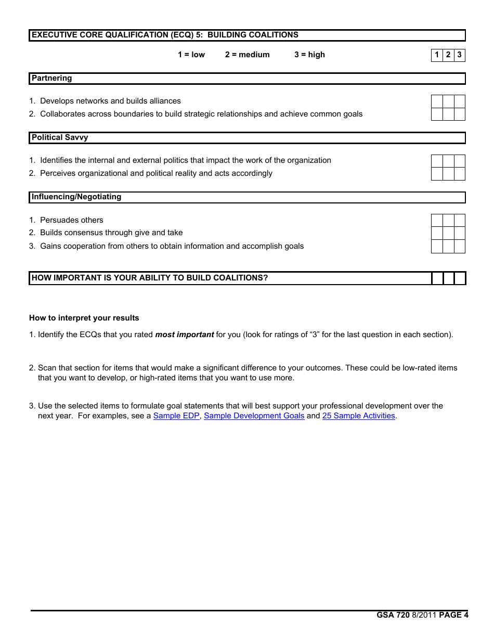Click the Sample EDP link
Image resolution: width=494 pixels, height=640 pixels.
click(x=176, y=416)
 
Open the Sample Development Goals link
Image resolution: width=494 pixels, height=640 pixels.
click(x=254, y=416)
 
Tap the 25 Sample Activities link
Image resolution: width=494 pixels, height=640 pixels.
click(x=358, y=416)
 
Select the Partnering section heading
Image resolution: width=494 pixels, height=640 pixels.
click(x=52, y=78)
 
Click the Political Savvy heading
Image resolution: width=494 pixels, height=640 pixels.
click(x=60, y=137)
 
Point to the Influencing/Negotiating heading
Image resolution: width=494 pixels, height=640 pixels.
click(x=76, y=197)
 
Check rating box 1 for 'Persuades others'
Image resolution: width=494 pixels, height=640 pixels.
click(x=437, y=220)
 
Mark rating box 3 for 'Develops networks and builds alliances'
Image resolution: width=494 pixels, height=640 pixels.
click(x=460, y=101)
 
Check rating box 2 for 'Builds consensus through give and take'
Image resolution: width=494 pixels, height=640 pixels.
click(x=448, y=233)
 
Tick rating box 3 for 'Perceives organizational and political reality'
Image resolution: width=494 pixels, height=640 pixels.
click(x=460, y=174)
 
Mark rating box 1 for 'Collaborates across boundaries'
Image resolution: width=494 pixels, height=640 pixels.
click(x=437, y=114)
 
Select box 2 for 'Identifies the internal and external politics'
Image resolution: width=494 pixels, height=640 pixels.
click(x=448, y=161)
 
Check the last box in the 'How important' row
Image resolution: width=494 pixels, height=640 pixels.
click(x=460, y=278)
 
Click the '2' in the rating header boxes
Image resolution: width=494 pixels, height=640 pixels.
click(x=448, y=55)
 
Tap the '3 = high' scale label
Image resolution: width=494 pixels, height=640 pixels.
click(x=309, y=55)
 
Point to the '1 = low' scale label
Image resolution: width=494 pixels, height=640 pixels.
click(x=191, y=55)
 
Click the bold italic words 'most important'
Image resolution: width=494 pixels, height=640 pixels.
click(x=185, y=335)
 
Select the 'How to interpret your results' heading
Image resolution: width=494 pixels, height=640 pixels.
click(x=84, y=318)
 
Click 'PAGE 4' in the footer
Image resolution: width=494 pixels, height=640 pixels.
click(x=453, y=615)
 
